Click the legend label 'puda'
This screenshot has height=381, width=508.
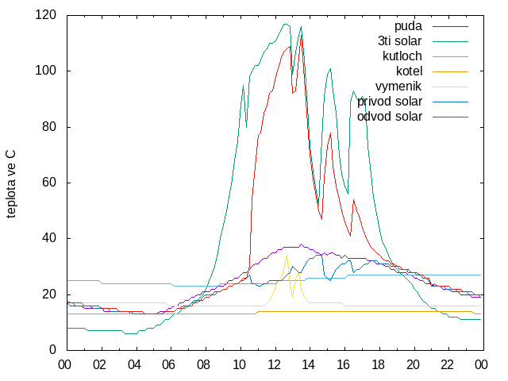coord(408,26)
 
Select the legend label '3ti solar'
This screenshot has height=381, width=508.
coord(400,41)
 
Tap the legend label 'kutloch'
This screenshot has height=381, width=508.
coord(402,56)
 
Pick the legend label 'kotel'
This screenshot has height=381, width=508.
coord(410,71)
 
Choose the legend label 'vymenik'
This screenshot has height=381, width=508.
coord(398,87)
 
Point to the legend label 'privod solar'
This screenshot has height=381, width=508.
coord(390,102)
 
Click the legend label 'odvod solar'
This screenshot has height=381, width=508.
coord(390,117)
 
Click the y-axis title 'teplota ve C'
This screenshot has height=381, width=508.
coord(11,184)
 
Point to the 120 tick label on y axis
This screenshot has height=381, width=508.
coord(45,15)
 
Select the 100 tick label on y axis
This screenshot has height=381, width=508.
coord(45,71)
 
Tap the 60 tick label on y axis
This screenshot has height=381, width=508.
coord(49,183)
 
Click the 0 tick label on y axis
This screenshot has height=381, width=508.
coord(52,350)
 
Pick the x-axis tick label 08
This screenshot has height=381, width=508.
coord(203,365)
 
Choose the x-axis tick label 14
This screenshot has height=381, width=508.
coord(308,365)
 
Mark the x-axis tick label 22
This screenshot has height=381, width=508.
coord(447,365)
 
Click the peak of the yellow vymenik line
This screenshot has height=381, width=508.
coord(287,255)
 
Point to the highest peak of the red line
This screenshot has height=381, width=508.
coord(302,35)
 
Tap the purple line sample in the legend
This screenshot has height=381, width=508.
coord(450,26)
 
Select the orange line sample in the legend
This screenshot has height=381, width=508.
coord(450,71)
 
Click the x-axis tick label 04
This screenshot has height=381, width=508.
coord(134,365)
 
